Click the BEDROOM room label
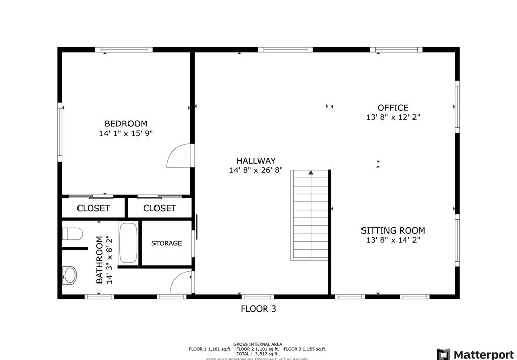[x=126, y=124]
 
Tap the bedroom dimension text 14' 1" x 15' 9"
[x=126, y=134]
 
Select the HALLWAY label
[x=255, y=161]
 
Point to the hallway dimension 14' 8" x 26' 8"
[x=255, y=170]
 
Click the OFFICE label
[x=393, y=108]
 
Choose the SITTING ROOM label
[x=393, y=230]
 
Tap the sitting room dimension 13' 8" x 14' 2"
[x=393, y=240]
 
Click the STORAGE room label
[x=166, y=243]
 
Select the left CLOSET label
[x=93, y=208]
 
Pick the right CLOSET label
[x=160, y=208]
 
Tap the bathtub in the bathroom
[x=128, y=243]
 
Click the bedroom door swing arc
[x=179, y=157]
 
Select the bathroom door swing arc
[x=181, y=282]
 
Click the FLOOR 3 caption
[x=258, y=308]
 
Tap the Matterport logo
[x=475, y=354]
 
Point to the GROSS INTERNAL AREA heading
[x=257, y=344]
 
